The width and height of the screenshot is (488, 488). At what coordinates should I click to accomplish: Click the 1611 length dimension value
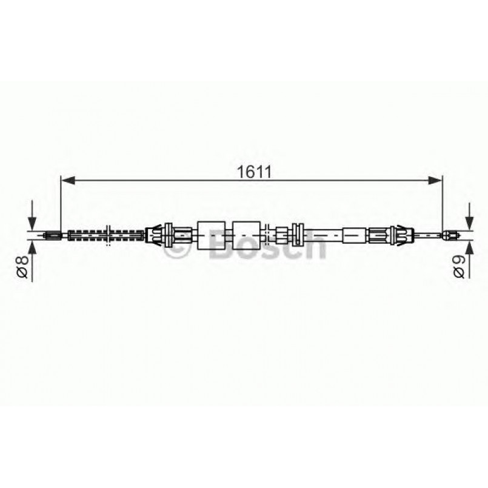coord(253,171)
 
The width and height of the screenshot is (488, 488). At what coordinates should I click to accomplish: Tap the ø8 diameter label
coord(22,267)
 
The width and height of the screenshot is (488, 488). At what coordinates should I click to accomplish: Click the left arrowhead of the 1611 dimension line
coord(67,179)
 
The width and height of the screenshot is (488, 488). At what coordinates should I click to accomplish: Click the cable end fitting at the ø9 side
coord(450,234)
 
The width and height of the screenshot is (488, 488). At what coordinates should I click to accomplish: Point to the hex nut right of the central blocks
coord(283,233)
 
